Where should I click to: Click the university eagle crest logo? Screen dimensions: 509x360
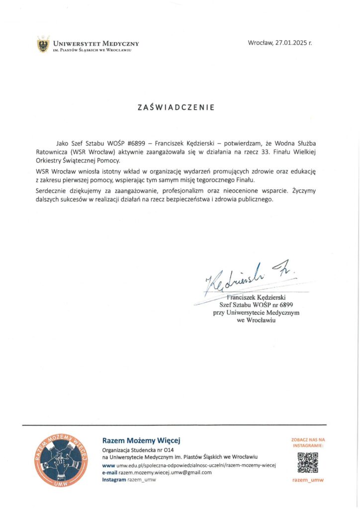[44, 45]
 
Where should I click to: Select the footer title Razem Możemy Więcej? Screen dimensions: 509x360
[141, 440]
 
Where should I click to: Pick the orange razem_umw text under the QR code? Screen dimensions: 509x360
[308, 480]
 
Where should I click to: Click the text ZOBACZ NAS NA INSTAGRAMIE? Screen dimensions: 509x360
[308, 442]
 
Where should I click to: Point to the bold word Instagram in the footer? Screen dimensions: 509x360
[114, 480]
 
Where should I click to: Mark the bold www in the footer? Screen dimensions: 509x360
[108, 465]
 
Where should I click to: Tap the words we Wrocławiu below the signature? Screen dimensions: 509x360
[257, 321]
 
